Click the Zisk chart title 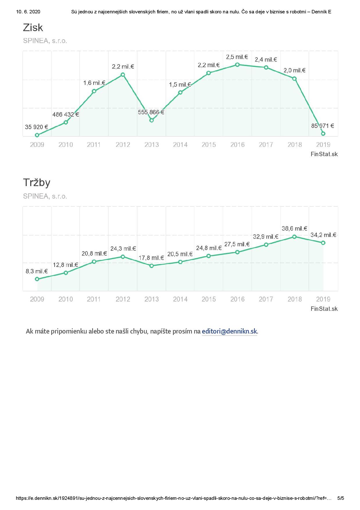(x=33, y=28)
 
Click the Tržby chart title (x=37, y=183)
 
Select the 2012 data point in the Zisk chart (x=123, y=75)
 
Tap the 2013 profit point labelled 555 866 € (x=151, y=120)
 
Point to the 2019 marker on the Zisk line (x=323, y=133)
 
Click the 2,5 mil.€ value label (x=237, y=57)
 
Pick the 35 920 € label (x=36, y=127)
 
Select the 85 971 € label (x=323, y=126)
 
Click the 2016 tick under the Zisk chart (x=237, y=145)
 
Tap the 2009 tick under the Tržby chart (x=37, y=299)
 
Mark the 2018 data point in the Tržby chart (x=294, y=237)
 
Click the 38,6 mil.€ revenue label (x=294, y=229)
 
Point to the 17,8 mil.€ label (x=151, y=258)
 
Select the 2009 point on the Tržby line (x=37, y=279)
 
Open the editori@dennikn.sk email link (x=229, y=331)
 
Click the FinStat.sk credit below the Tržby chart (x=324, y=309)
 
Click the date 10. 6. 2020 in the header (x=28, y=12)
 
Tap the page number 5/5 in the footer (x=341, y=498)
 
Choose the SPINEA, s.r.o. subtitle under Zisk (x=45, y=41)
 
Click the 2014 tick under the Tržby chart (x=180, y=299)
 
